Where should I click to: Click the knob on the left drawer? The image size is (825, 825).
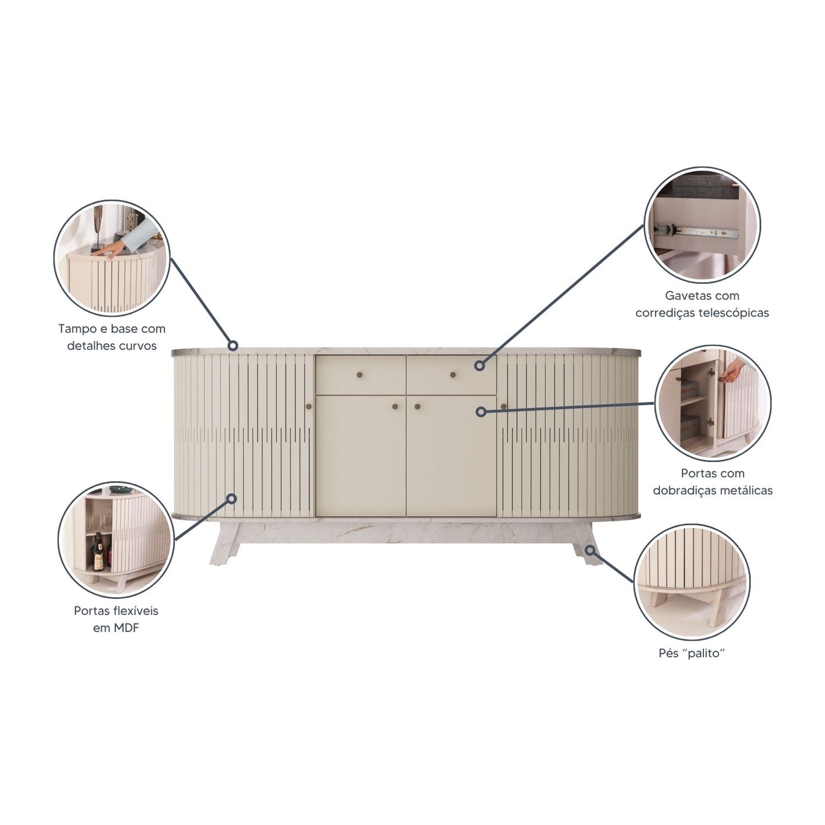tap(360, 375)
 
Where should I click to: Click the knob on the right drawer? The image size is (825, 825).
tap(453, 375)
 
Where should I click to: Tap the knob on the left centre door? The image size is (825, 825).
tap(395, 407)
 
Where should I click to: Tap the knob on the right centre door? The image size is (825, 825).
tap(417, 407)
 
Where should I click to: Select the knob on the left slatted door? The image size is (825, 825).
tap(308, 407)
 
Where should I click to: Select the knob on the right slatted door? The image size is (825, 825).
tap(504, 407)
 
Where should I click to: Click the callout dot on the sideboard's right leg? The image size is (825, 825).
tap(591, 549)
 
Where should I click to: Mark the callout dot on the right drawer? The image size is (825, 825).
tap(480, 365)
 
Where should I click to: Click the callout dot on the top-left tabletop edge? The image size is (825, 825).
tap(233, 345)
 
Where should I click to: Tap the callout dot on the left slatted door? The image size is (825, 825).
tap(232, 498)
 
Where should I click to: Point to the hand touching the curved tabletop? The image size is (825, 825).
tap(112, 249)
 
